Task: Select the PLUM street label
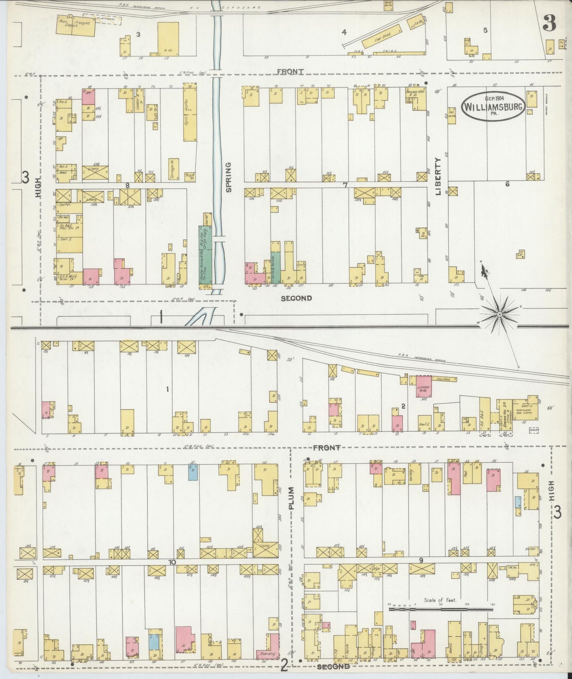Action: click(292, 498)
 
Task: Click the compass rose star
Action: click(500, 314)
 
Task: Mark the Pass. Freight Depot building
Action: click(75, 26)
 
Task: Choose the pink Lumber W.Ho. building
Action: click(423, 386)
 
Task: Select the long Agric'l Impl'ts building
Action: click(190, 114)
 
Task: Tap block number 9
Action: click(421, 560)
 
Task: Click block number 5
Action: click(485, 30)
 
